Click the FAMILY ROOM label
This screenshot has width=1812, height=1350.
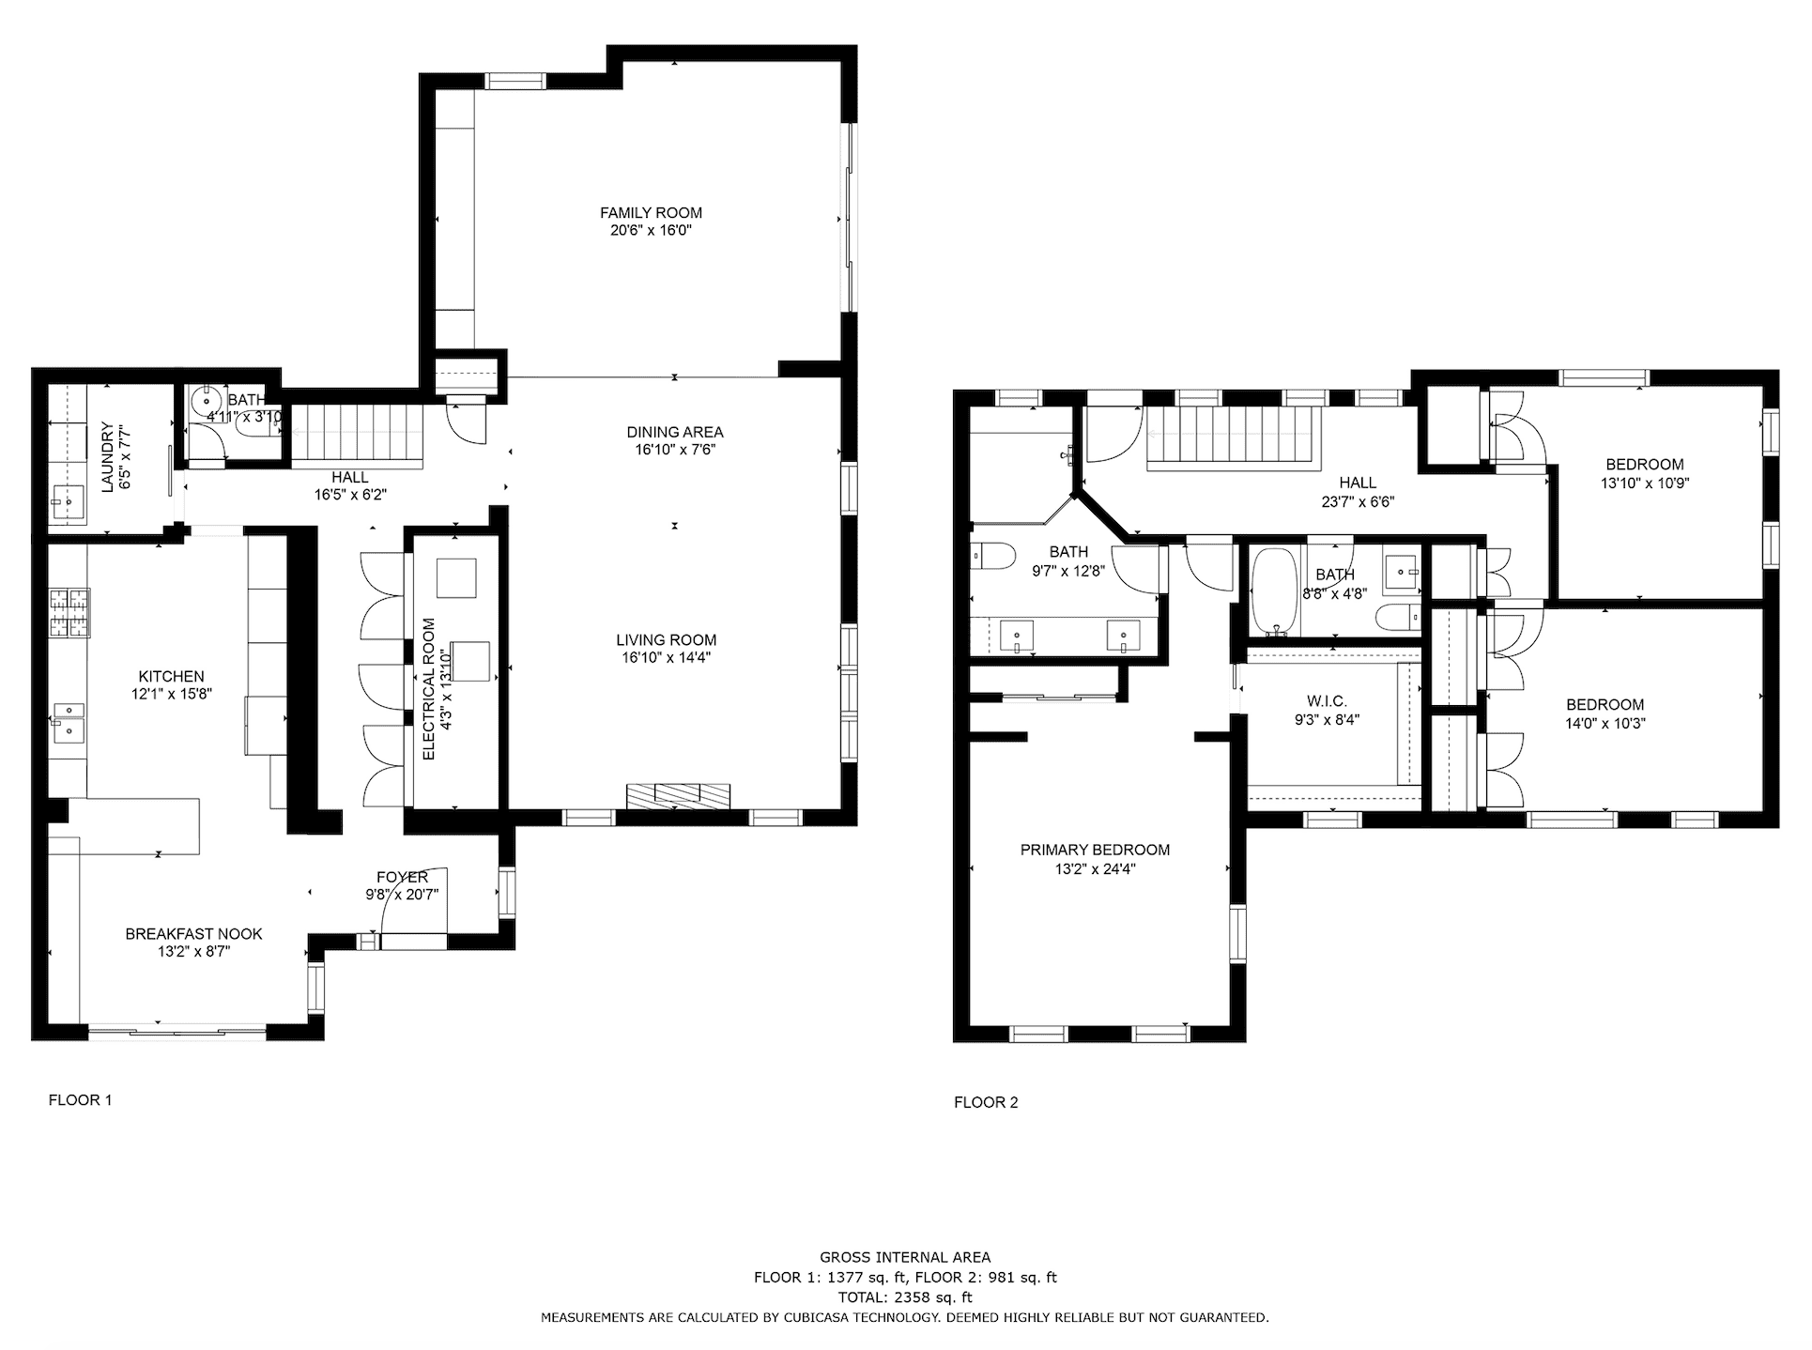tap(651, 213)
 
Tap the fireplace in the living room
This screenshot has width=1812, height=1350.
tap(679, 796)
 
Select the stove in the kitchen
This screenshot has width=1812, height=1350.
tap(69, 612)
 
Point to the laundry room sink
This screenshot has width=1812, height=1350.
tap(69, 502)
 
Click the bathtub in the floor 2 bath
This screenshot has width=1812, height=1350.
tap(1274, 591)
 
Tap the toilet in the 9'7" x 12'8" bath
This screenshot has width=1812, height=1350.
tap(990, 558)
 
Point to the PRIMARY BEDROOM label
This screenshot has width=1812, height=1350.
tap(1095, 850)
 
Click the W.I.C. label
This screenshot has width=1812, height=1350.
tap(1327, 701)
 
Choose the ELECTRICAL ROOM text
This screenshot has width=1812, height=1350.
tap(428, 689)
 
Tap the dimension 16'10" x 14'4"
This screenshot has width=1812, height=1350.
tap(666, 657)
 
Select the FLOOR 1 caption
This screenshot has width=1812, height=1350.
tap(80, 1099)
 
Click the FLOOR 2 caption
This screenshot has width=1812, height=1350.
tap(986, 1102)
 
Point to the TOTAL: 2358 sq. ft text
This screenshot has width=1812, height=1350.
tap(905, 1297)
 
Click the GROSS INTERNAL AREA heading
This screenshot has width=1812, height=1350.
tap(905, 1257)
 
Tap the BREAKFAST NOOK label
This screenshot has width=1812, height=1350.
tap(193, 934)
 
